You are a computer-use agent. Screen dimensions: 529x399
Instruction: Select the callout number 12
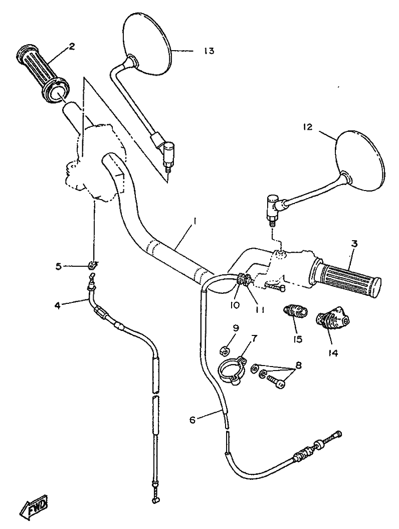click(308, 127)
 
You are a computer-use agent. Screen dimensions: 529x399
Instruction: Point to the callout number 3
click(354, 244)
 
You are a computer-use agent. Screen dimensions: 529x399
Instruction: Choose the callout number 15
click(298, 339)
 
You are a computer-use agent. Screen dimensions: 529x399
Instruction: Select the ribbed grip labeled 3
click(346, 277)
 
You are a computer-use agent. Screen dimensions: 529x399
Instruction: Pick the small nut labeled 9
click(226, 349)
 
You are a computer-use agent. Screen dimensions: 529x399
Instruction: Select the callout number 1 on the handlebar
click(195, 221)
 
